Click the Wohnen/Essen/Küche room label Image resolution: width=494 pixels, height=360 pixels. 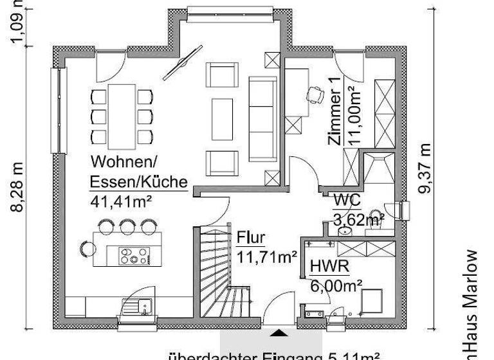(x=138, y=171)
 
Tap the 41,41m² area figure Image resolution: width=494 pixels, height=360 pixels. (x=121, y=201)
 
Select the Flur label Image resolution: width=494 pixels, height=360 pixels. (x=250, y=237)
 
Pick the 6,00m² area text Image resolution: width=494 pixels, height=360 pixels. (x=336, y=283)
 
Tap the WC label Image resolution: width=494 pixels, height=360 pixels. (x=345, y=200)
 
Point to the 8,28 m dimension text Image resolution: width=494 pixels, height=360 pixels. (x=20, y=186)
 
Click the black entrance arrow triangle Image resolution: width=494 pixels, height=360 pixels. (x=279, y=333)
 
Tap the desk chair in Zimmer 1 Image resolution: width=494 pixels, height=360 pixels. (x=316, y=94)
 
